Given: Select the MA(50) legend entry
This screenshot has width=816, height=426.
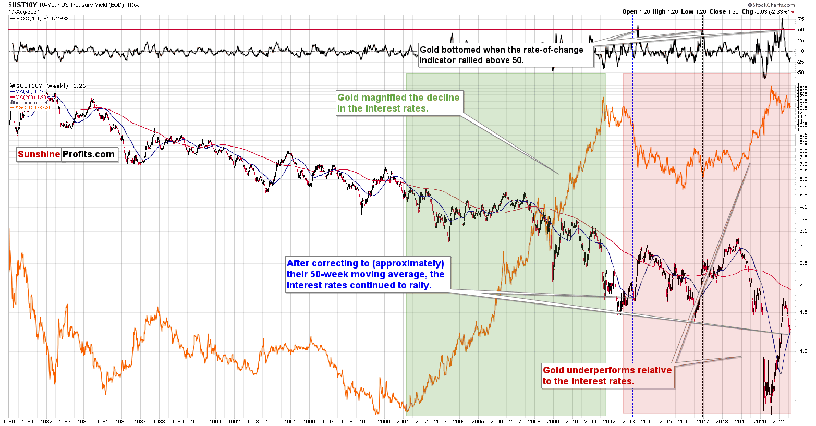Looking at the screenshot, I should click(31, 92).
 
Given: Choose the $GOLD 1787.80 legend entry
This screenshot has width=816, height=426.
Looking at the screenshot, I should click(34, 108).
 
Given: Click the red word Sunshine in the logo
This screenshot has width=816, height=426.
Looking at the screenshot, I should click(39, 154).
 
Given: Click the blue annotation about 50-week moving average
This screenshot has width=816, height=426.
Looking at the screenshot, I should click(366, 274).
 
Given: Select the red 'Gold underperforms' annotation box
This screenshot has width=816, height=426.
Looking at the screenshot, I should click(607, 375).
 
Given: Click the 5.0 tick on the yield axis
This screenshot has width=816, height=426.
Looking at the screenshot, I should click(802, 197).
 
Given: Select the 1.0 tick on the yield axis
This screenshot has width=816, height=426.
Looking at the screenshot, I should click(802, 351).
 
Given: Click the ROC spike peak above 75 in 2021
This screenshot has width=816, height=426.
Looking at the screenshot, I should click(782, 19).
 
